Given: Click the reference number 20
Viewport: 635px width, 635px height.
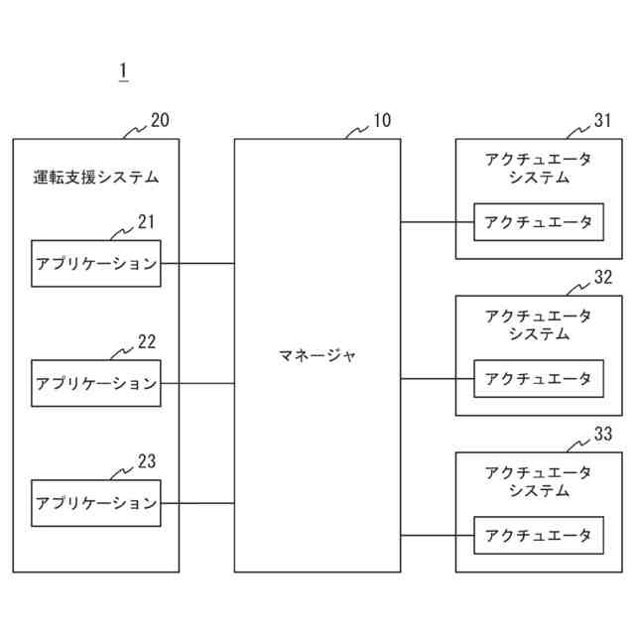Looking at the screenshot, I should click(x=160, y=121).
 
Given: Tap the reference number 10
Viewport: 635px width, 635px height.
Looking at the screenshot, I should click(x=381, y=121).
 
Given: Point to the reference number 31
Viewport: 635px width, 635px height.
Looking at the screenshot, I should click(x=603, y=121).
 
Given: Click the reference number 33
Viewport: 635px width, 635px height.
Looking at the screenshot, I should click(x=603, y=435).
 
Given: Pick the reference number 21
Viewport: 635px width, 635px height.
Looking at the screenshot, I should click(x=146, y=222).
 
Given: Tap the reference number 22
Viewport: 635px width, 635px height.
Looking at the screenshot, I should click(x=146, y=342).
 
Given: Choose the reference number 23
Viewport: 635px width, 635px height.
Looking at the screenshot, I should click(x=146, y=461).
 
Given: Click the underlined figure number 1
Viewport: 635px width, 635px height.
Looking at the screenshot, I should click(x=123, y=70).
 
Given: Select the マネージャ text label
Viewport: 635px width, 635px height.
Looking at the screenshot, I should click(x=317, y=355).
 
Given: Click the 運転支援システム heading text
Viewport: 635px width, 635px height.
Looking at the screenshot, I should click(x=96, y=179).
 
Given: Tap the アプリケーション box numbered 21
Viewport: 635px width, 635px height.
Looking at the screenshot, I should click(x=96, y=263).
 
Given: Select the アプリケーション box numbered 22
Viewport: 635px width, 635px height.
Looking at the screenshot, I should click(x=96, y=383).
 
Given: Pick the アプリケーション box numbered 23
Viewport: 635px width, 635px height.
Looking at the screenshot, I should click(x=96, y=503).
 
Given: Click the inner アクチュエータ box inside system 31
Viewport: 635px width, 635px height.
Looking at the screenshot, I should click(x=539, y=222).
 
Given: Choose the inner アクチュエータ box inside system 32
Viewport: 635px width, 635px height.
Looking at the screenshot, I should click(x=539, y=378).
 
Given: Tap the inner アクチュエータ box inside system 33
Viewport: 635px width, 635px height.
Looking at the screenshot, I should click(x=539, y=536).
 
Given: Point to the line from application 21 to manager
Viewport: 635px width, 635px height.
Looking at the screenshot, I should click(x=197, y=263).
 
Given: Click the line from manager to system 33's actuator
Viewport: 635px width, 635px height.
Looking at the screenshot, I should click(x=438, y=536).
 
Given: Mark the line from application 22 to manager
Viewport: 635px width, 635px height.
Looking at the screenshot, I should click(x=197, y=383).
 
